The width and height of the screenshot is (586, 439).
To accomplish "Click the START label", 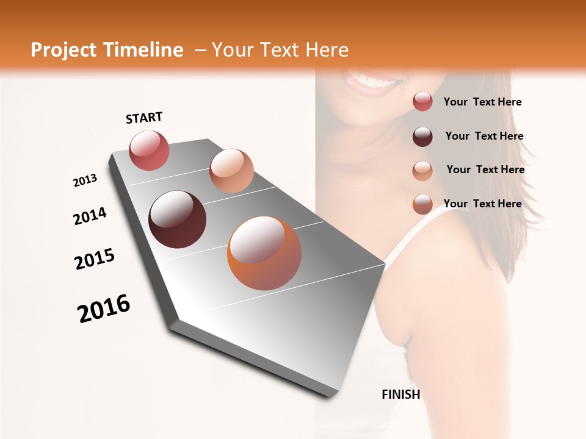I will [144, 118].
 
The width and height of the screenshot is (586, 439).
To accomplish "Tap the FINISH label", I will [401, 394].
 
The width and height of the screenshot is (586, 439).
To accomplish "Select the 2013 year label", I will [85, 180].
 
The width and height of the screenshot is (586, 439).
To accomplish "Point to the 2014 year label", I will [90, 216].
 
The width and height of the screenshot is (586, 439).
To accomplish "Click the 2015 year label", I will [95, 260].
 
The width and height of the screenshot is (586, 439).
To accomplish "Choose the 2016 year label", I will [104, 309].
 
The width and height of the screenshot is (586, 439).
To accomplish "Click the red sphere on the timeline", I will [149, 150].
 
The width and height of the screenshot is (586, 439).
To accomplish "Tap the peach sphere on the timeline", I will [231, 170].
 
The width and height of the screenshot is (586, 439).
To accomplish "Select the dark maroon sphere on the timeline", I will [177, 220].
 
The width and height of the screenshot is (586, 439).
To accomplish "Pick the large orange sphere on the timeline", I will [264, 252].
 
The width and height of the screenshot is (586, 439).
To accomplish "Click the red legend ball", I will [422, 102].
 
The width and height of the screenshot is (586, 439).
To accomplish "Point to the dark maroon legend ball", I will [422, 137].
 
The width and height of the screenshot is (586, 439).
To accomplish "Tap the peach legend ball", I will [422, 170].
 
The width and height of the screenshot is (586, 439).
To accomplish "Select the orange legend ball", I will [422, 204].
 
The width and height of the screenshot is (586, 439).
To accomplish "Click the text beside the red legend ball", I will [482, 102].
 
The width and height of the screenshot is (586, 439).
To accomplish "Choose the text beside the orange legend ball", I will [482, 204].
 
